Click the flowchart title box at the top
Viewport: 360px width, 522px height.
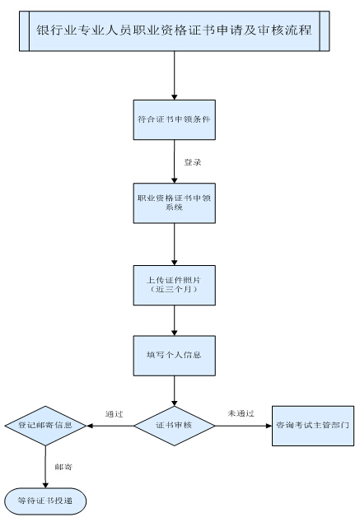(175, 30)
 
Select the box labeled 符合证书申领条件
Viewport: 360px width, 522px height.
(175, 119)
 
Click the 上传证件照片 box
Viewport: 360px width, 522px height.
(175, 285)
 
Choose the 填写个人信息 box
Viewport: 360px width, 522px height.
(175, 355)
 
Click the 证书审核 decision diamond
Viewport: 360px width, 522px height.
(175, 426)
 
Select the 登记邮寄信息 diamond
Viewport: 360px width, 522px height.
(45, 426)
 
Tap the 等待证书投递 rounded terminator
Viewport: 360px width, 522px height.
(45, 499)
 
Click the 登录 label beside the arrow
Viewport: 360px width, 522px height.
(194, 161)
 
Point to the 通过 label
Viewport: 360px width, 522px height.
(114, 413)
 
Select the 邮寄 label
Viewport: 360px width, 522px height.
(63, 466)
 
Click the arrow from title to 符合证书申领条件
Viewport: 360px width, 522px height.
(175, 76)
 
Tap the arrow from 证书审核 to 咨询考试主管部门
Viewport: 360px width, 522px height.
(244, 426)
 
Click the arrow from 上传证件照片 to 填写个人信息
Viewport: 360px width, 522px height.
(175, 320)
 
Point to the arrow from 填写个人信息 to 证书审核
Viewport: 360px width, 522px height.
(175, 389)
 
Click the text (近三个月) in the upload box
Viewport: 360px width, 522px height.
(175, 291)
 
